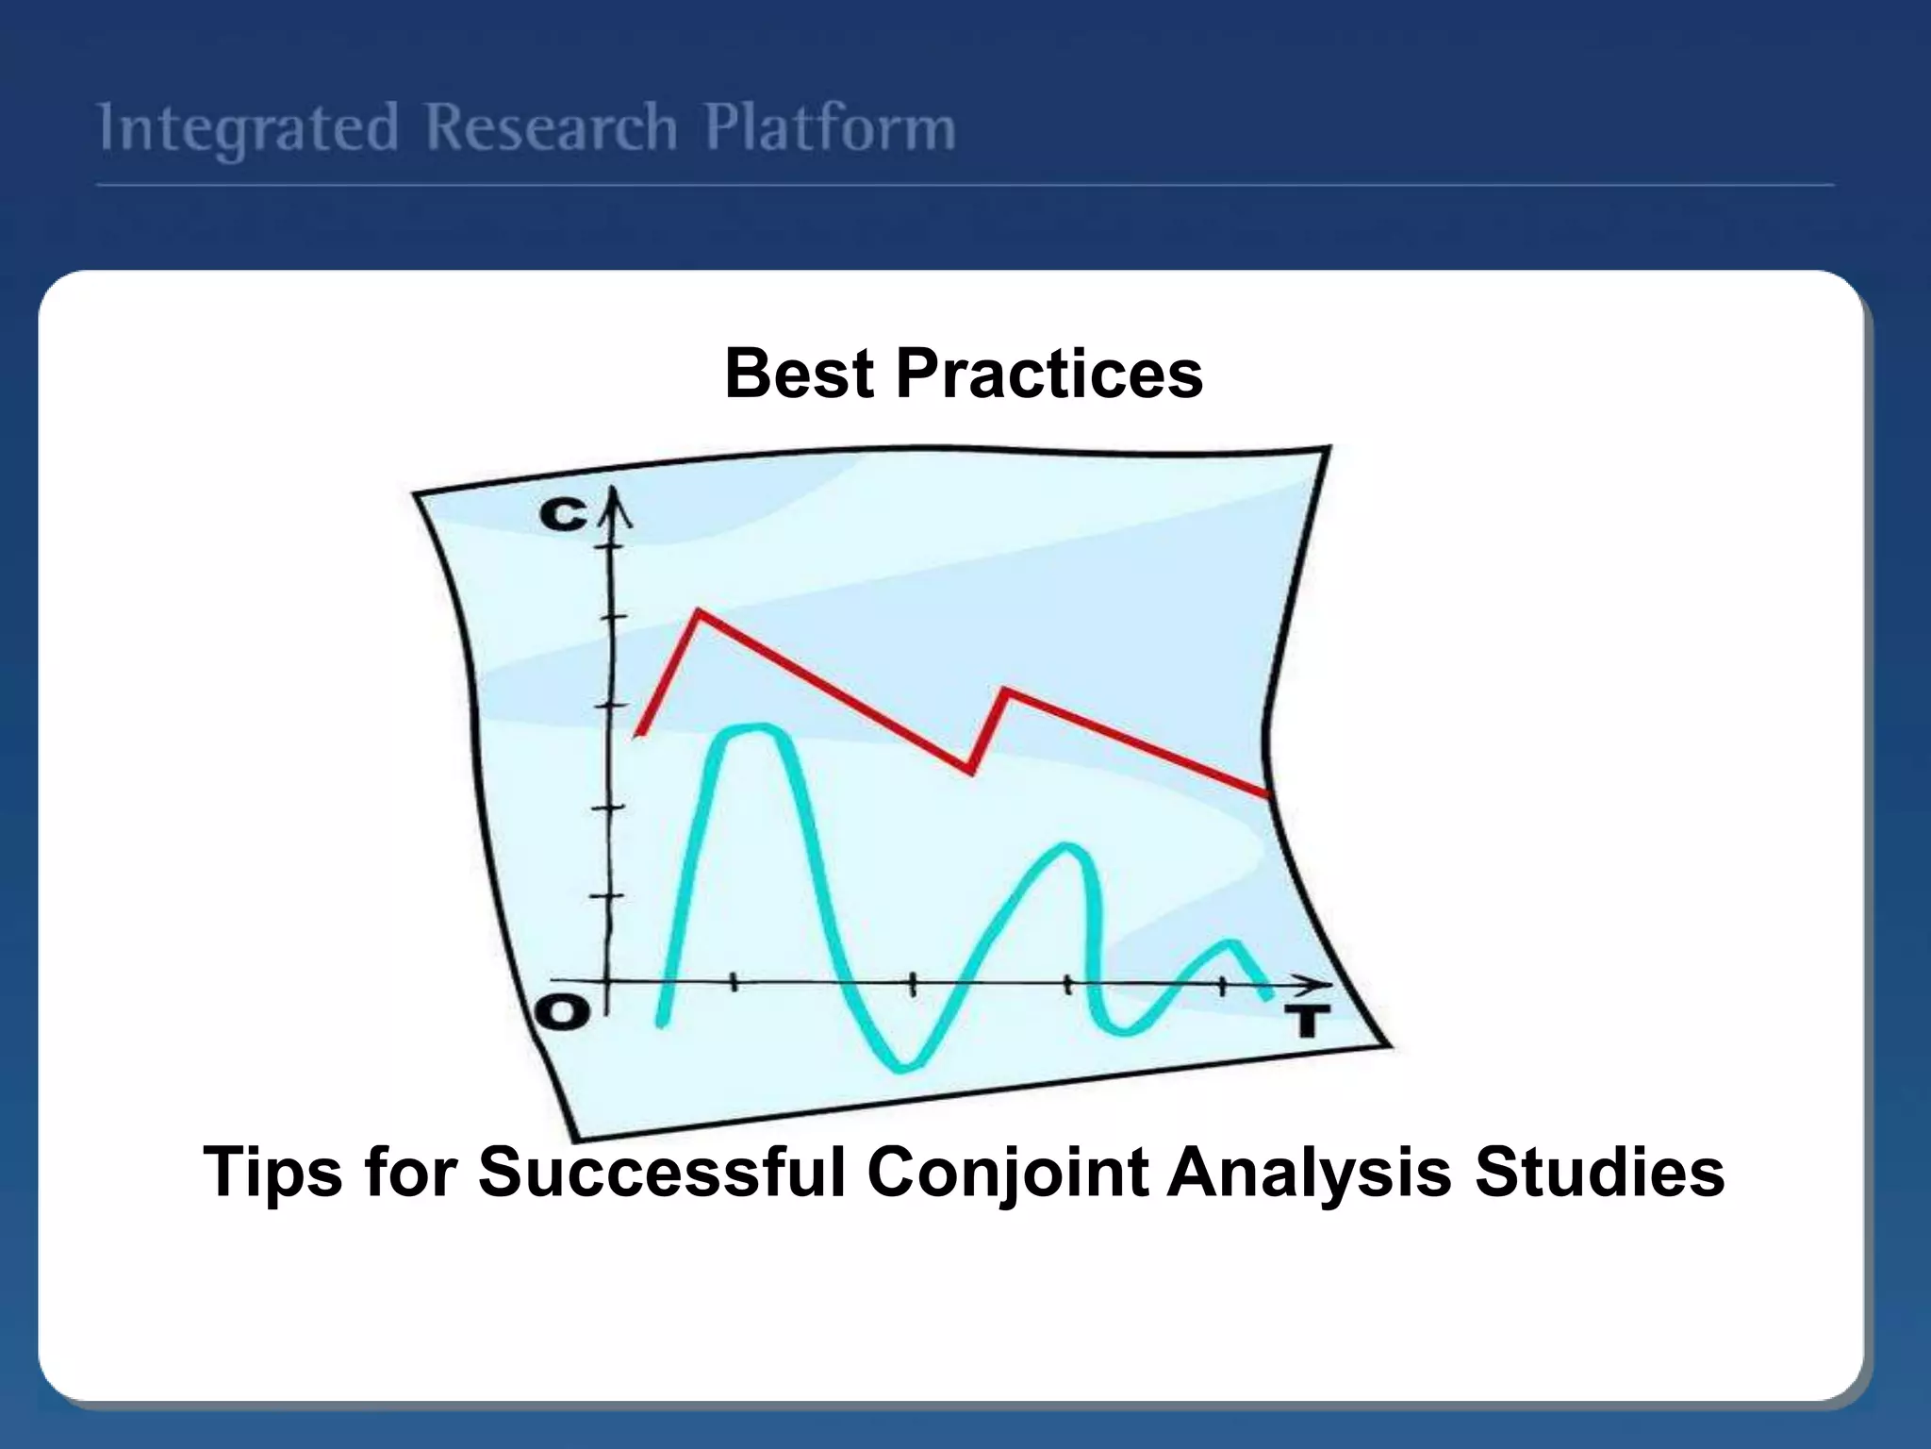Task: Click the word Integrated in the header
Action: (248, 129)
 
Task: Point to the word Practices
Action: (1048, 374)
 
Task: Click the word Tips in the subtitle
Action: (272, 1173)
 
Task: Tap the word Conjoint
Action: (1007, 1173)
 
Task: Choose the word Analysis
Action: (1310, 1173)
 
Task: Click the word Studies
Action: (1599, 1173)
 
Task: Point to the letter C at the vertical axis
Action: (563, 515)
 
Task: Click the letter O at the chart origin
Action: (563, 1013)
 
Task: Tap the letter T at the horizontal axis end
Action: (1306, 1021)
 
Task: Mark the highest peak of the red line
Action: (699, 613)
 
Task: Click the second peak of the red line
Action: (1005, 691)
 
